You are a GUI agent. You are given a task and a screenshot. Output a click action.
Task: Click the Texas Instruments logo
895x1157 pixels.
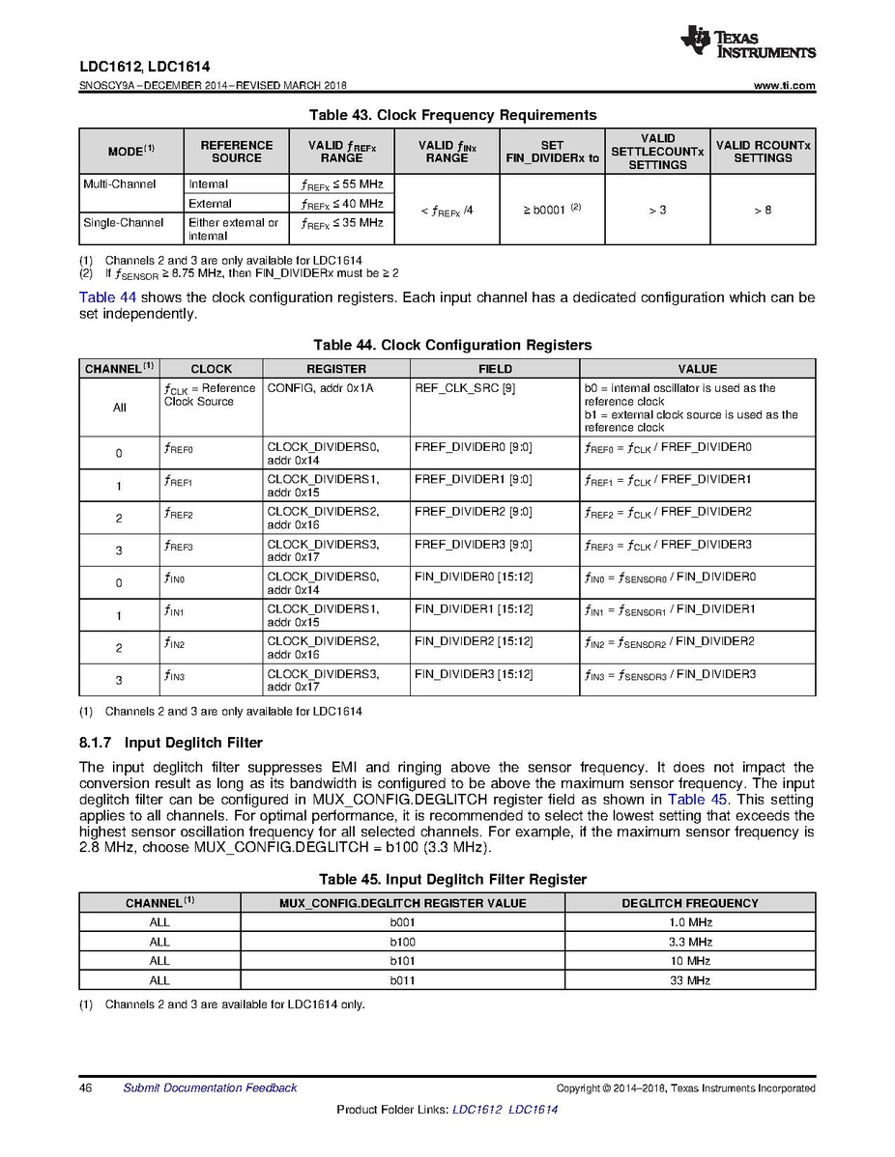click(x=747, y=42)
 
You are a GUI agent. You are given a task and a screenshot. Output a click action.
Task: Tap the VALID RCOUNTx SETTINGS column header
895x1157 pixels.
click(x=763, y=152)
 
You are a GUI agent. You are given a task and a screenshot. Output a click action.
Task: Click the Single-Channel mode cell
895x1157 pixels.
click(x=114, y=222)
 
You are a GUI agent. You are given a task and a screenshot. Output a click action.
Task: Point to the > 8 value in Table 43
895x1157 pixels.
click(x=763, y=209)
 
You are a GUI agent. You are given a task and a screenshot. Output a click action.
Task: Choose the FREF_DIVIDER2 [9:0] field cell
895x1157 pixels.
click(x=473, y=512)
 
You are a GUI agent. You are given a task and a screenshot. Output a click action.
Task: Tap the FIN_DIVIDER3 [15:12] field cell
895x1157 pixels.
click(x=473, y=674)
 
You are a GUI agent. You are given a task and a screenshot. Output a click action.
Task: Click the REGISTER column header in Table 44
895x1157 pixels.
click(x=335, y=368)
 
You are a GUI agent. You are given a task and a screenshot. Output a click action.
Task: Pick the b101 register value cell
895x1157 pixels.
click(x=402, y=961)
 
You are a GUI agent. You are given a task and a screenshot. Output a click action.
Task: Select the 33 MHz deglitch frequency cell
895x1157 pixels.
click(x=690, y=980)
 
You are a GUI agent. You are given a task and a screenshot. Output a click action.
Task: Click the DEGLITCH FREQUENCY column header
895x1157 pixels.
click(x=690, y=903)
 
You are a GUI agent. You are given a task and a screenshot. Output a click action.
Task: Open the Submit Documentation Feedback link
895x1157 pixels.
click(x=210, y=1088)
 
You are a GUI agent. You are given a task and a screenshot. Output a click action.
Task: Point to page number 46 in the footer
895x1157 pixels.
click(x=85, y=1088)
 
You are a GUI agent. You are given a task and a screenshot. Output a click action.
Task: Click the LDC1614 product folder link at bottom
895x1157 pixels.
click(x=533, y=1110)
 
